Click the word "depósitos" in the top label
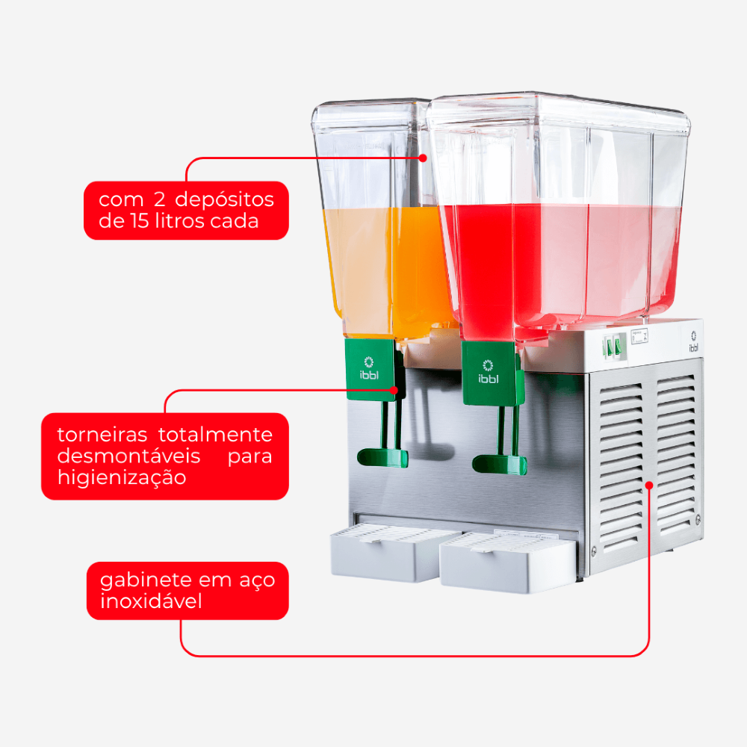tap(224, 200)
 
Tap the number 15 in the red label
tap(137, 221)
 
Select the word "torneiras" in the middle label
tap(102, 435)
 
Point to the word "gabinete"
tap(146, 580)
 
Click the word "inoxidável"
tap(151, 601)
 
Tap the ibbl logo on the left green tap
tap(369, 368)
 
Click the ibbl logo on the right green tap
tap(489, 371)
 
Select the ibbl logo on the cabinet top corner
tap(694, 341)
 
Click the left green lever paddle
tap(382, 458)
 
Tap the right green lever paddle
tap(499, 465)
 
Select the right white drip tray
tap(507, 562)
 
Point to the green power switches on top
tap(614, 347)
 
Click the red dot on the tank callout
tap(423, 158)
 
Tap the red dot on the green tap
tap(394, 390)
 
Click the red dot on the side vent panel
tap(649, 485)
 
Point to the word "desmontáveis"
tap(128, 456)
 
